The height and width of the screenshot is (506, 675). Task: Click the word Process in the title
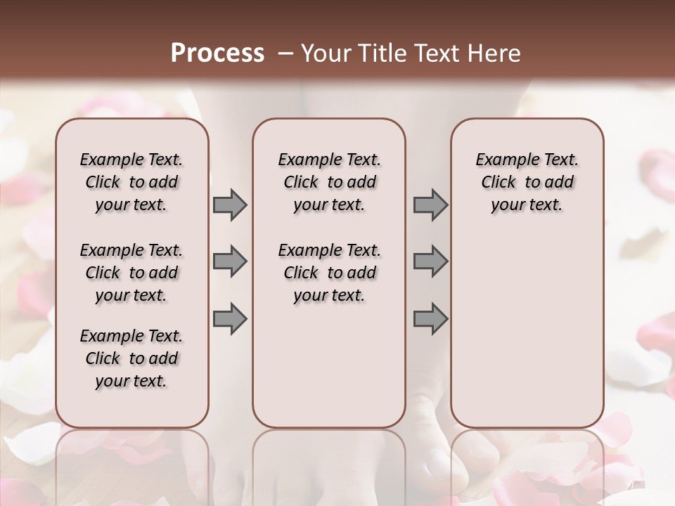pyautogui.click(x=217, y=53)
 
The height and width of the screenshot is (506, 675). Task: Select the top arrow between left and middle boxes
pyautogui.click(x=230, y=205)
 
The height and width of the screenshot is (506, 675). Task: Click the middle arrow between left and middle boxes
pyautogui.click(x=230, y=261)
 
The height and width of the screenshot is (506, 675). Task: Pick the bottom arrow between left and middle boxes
pyautogui.click(x=230, y=318)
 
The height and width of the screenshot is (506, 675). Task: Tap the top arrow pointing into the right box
pyautogui.click(x=430, y=205)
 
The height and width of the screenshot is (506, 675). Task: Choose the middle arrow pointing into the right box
pyautogui.click(x=430, y=261)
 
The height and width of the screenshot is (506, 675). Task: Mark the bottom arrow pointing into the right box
pyautogui.click(x=430, y=318)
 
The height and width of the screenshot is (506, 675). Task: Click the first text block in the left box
pyautogui.click(x=131, y=182)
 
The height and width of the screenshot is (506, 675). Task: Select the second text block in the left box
pyautogui.click(x=131, y=273)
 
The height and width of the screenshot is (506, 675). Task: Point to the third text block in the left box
pyautogui.click(x=131, y=358)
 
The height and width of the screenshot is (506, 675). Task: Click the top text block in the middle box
pyautogui.click(x=330, y=182)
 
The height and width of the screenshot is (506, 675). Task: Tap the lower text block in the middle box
pyautogui.click(x=330, y=273)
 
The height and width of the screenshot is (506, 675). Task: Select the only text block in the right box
pyautogui.click(x=527, y=182)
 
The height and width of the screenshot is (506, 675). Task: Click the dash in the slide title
pyautogui.click(x=285, y=54)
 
